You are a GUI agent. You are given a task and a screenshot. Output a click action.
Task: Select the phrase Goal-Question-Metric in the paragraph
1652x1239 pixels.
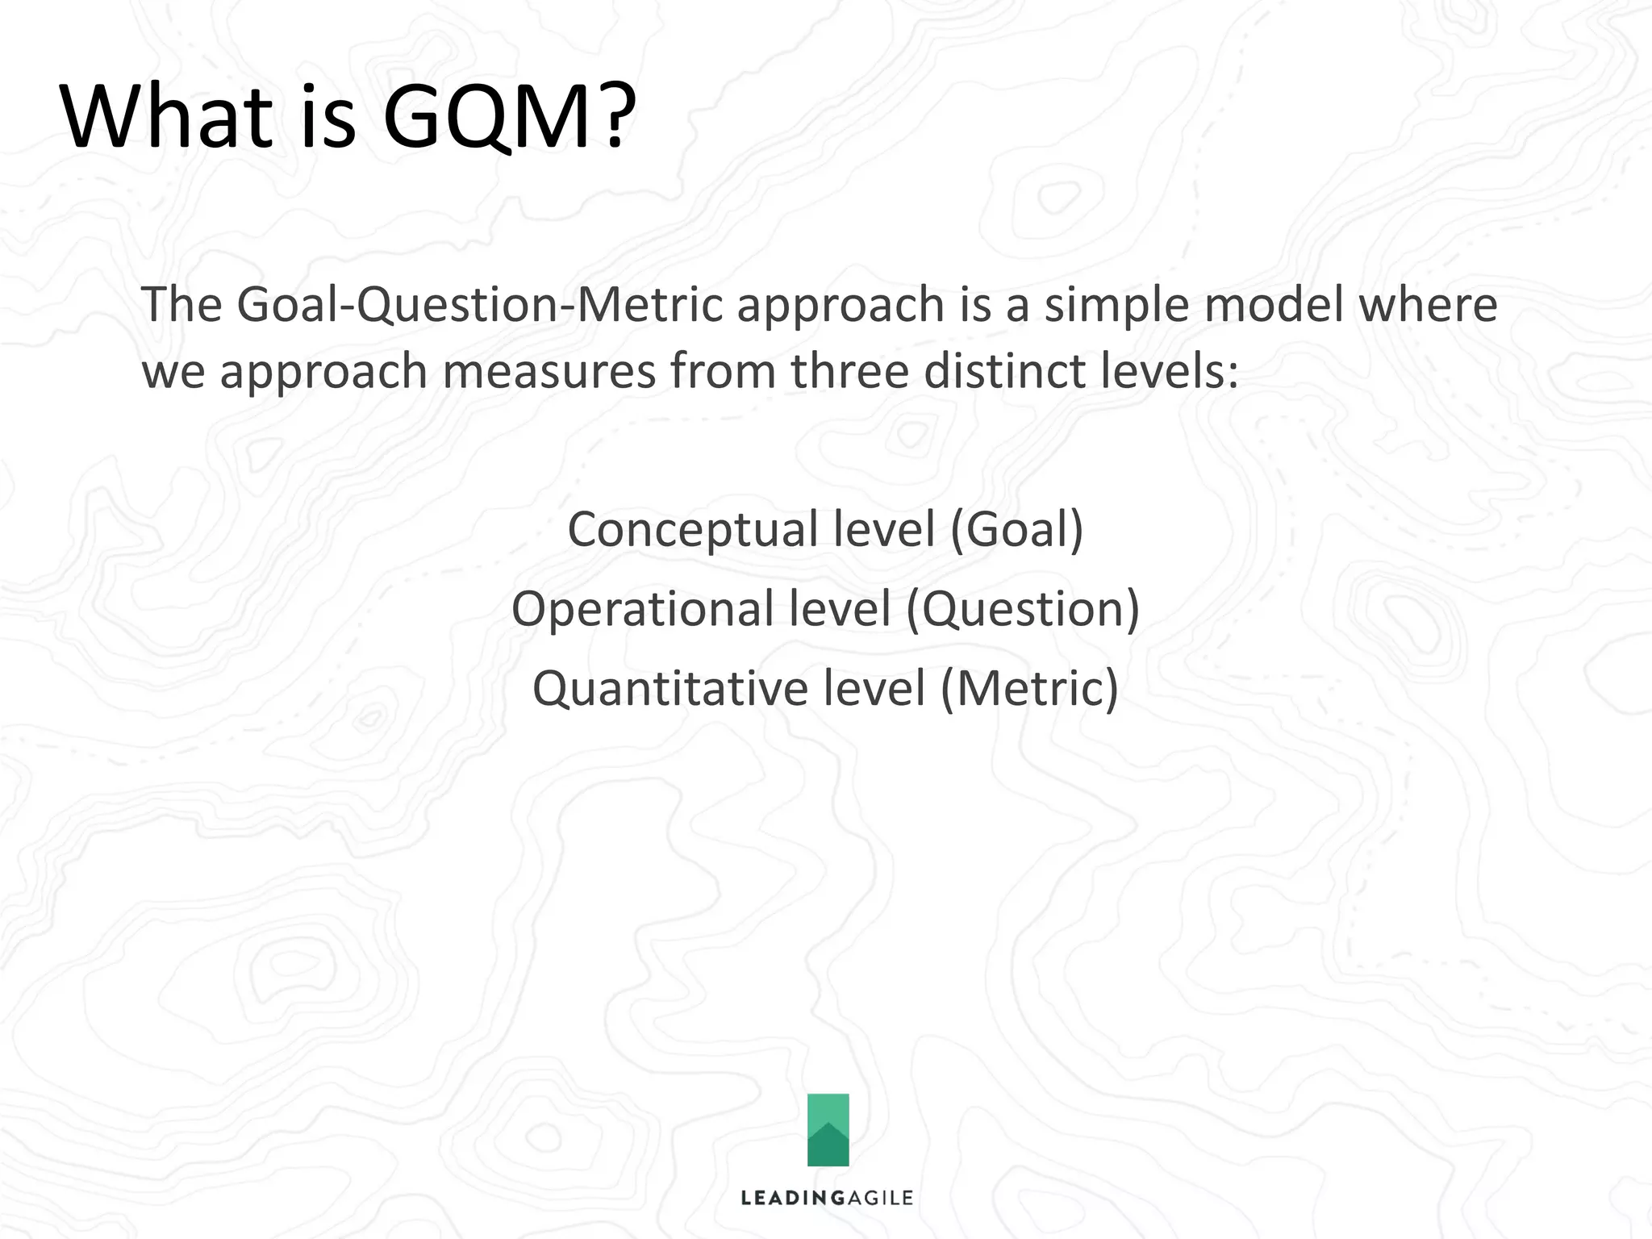(x=481, y=305)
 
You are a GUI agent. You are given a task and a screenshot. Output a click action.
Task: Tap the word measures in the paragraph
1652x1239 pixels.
(x=549, y=372)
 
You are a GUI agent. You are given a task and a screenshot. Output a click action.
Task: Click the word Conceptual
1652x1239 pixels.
(x=693, y=530)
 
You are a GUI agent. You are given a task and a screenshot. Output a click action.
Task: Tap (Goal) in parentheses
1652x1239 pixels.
(x=1016, y=530)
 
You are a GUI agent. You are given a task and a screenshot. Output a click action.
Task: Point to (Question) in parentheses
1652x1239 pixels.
(x=1023, y=609)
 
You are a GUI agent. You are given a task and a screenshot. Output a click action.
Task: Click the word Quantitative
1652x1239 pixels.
(x=670, y=689)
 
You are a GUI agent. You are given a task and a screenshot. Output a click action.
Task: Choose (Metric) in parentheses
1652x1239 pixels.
(x=1029, y=689)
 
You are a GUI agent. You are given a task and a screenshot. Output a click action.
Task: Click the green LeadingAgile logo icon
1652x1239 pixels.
(x=828, y=1129)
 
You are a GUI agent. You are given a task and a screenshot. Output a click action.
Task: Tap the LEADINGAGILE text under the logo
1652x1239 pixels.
(x=827, y=1198)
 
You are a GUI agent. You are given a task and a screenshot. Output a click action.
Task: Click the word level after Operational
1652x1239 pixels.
(x=839, y=609)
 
